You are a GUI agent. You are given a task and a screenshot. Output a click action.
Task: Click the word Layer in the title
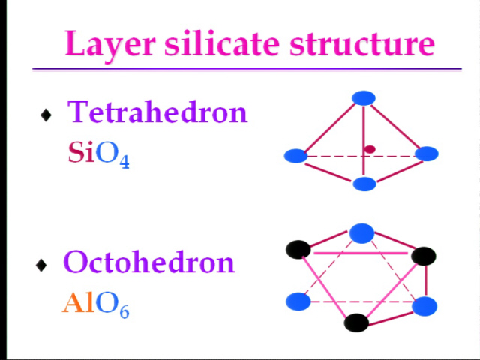pyautogui.click(x=109, y=44)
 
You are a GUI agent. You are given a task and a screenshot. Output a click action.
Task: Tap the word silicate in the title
pyautogui.click(x=222, y=43)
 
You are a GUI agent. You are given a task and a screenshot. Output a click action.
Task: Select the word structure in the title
pyautogui.click(x=362, y=43)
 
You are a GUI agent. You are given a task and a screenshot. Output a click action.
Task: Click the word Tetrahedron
pyautogui.click(x=157, y=112)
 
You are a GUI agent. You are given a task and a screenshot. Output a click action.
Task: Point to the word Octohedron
pyautogui.click(x=149, y=262)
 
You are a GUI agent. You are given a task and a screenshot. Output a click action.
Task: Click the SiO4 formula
pyautogui.click(x=98, y=154)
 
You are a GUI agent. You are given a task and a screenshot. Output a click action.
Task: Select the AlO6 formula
pyautogui.click(x=96, y=304)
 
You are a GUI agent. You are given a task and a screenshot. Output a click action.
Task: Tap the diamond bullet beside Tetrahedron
pyautogui.click(x=46, y=115)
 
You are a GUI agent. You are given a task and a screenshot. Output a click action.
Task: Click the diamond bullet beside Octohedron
pyautogui.click(x=41, y=265)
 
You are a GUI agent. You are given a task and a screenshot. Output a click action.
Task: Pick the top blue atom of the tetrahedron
pyautogui.click(x=364, y=98)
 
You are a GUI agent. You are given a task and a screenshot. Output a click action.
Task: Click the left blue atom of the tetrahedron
pyautogui.click(x=295, y=156)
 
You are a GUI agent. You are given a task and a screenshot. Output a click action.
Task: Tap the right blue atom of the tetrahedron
pyautogui.click(x=427, y=154)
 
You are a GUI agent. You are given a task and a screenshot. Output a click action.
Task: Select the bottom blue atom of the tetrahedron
pyautogui.click(x=364, y=184)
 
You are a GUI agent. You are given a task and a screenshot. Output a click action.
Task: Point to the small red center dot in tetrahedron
pyautogui.click(x=370, y=149)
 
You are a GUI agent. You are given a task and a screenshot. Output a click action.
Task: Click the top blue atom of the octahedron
pyautogui.click(x=361, y=233)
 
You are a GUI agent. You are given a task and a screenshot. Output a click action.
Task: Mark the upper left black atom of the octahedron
pyautogui.click(x=298, y=250)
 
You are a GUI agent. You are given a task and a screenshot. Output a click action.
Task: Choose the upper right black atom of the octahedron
pyautogui.click(x=424, y=256)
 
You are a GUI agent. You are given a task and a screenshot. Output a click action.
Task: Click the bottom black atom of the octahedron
pyautogui.click(x=356, y=322)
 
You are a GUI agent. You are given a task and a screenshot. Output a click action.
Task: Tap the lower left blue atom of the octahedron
pyautogui.click(x=298, y=301)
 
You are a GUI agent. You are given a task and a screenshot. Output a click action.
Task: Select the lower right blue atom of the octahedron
pyautogui.click(x=424, y=306)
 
